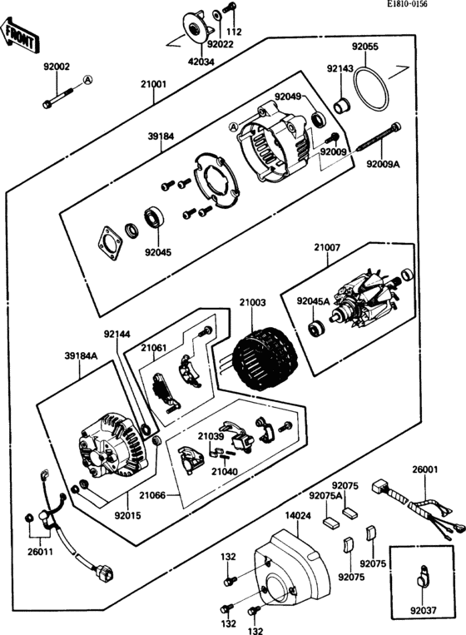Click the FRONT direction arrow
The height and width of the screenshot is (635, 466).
pyautogui.click(x=20, y=35)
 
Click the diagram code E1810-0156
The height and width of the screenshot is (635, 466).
pyautogui.click(x=406, y=4)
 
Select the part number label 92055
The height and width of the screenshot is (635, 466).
pyautogui.click(x=365, y=47)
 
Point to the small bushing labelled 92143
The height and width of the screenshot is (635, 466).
pyautogui.click(x=343, y=106)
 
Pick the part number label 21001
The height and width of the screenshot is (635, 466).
pyautogui.click(x=153, y=84)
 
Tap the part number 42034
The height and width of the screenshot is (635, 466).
pyautogui.click(x=201, y=61)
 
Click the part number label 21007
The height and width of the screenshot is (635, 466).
pyautogui.click(x=327, y=247)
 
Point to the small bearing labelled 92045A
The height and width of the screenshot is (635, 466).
pyautogui.click(x=315, y=328)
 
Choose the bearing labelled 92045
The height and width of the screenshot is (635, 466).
pyautogui.click(x=155, y=217)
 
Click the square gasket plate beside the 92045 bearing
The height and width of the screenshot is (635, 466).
pyautogui.click(x=110, y=243)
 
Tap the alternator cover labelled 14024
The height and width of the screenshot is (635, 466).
pyautogui.click(x=291, y=565)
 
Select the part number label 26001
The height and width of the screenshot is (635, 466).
pyautogui.click(x=425, y=469)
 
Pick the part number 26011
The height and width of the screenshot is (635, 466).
pyautogui.click(x=40, y=552)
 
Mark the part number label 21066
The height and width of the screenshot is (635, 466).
pyautogui.click(x=152, y=495)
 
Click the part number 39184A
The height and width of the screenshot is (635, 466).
pyautogui.click(x=81, y=355)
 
